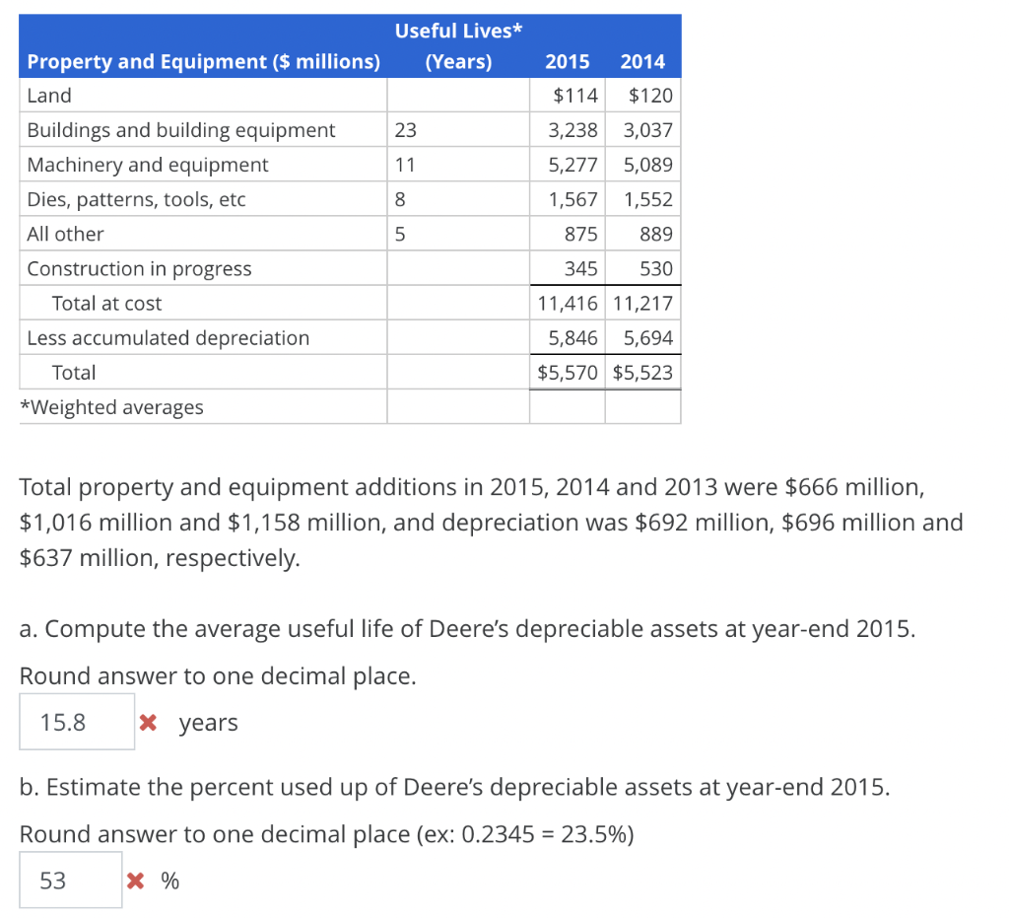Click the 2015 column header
[x=567, y=62]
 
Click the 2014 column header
[x=642, y=62]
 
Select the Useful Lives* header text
[x=458, y=31]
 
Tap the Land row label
[x=49, y=96]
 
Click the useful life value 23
[x=405, y=130]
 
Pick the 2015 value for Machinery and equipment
[x=572, y=165]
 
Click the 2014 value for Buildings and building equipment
[x=647, y=130]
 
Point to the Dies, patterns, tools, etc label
[x=136, y=199]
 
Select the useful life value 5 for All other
[x=400, y=234]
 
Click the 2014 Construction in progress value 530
[x=655, y=268]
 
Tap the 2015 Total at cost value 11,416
[x=568, y=303]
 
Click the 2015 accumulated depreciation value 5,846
[x=572, y=338]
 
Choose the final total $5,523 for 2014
[x=642, y=373]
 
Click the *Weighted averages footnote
[x=111, y=407]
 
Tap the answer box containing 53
[x=70, y=880]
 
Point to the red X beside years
[x=148, y=723]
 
